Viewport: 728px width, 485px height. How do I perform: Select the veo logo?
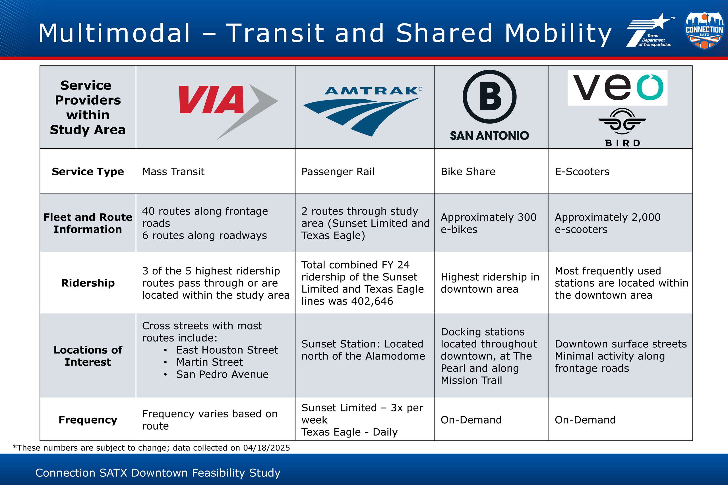[617, 88]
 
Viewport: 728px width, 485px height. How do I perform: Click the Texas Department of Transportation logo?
[650, 30]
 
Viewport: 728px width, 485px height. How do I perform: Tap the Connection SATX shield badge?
[704, 30]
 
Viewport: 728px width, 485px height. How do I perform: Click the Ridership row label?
[88, 283]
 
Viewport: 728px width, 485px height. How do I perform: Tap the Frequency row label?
[88, 420]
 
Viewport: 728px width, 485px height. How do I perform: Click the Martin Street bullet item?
[210, 362]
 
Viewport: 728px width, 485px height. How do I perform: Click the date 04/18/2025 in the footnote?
[266, 448]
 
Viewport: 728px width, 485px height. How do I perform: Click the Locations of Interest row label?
[88, 356]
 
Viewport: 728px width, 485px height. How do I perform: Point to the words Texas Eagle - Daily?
[349, 432]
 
